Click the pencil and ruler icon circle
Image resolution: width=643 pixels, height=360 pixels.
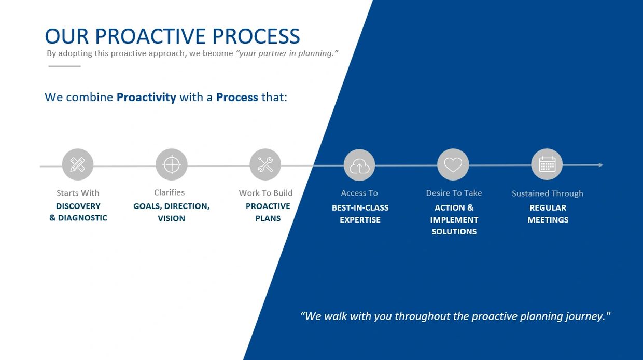[78, 164]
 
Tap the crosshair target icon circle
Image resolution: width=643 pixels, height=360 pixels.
[172, 164]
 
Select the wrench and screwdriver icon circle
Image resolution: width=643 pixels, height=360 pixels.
[265, 164]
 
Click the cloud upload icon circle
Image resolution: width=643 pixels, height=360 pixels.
[359, 165]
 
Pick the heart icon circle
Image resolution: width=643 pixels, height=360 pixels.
[453, 164]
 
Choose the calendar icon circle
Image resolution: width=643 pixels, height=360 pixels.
[547, 164]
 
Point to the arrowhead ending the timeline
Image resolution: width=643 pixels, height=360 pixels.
[601, 165]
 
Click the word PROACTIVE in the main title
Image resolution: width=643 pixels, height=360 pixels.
[150, 36]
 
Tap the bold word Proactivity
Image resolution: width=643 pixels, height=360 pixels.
[146, 98]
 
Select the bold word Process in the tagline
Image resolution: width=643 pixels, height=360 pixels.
[237, 98]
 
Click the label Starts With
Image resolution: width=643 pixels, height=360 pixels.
[78, 193]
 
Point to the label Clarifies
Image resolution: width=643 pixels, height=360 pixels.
[170, 192]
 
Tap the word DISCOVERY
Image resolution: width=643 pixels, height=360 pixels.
[78, 206]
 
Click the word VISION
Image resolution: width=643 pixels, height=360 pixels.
[171, 218]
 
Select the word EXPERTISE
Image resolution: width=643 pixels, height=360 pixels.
[360, 220]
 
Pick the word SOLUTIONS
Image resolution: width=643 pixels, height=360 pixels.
[454, 232]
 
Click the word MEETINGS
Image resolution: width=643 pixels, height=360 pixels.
[548, 220]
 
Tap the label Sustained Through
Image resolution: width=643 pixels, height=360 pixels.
[548, 193]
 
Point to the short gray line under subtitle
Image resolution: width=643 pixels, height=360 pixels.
[65, 66]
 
